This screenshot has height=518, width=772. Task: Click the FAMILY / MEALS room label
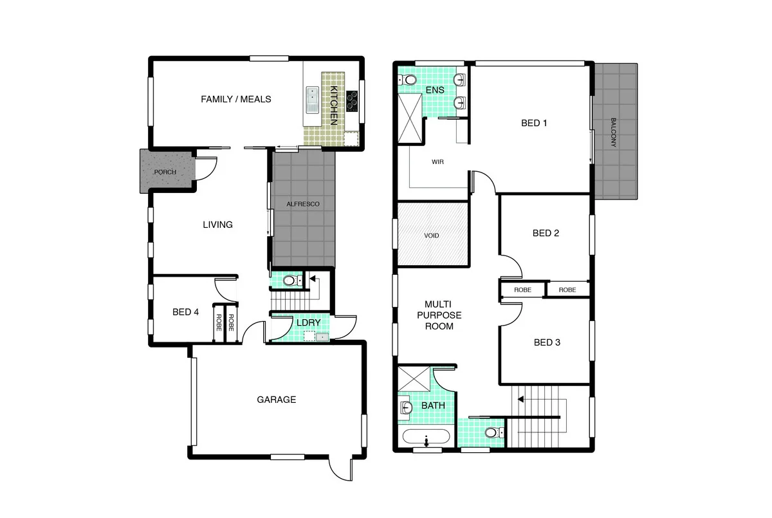(x=235, y=99)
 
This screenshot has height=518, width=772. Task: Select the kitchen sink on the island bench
(x=312, y=100)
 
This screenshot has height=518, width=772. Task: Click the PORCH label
(x=165, y=172)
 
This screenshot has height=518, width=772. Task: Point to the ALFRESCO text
(x=302, y=204)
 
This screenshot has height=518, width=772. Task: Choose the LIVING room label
(x=217, y=225)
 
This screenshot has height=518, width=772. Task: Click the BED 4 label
(x=185, y=312)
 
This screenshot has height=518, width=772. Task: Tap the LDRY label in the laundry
(x=304, y=322)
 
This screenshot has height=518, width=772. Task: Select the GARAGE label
(x=277, y=400)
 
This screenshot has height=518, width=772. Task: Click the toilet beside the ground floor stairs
(x=290, y=281)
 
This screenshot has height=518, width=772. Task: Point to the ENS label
(x=434, y=89)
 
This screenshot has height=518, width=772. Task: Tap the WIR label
(x=437, y=162)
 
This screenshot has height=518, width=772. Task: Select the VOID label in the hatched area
(x=432, y=236)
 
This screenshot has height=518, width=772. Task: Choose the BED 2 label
(x=546, y=233)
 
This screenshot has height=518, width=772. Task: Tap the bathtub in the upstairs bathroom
(x=426, y=438)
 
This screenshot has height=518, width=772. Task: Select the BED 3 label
(x=547, y=342)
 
